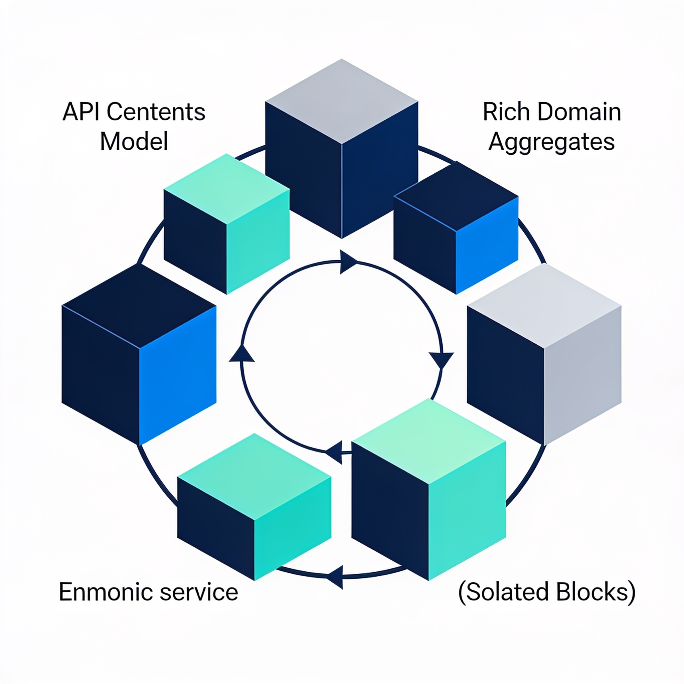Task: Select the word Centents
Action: pos(156,112)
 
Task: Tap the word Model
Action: pos(134,141)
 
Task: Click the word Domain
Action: pos(579,112)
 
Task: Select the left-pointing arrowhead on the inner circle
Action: pos(334,452)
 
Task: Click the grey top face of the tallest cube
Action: pos(342,102)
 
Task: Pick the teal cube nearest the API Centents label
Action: pos(226,224)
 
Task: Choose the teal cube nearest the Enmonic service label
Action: pos(254,507)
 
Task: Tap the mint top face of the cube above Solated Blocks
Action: pos(429,441)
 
